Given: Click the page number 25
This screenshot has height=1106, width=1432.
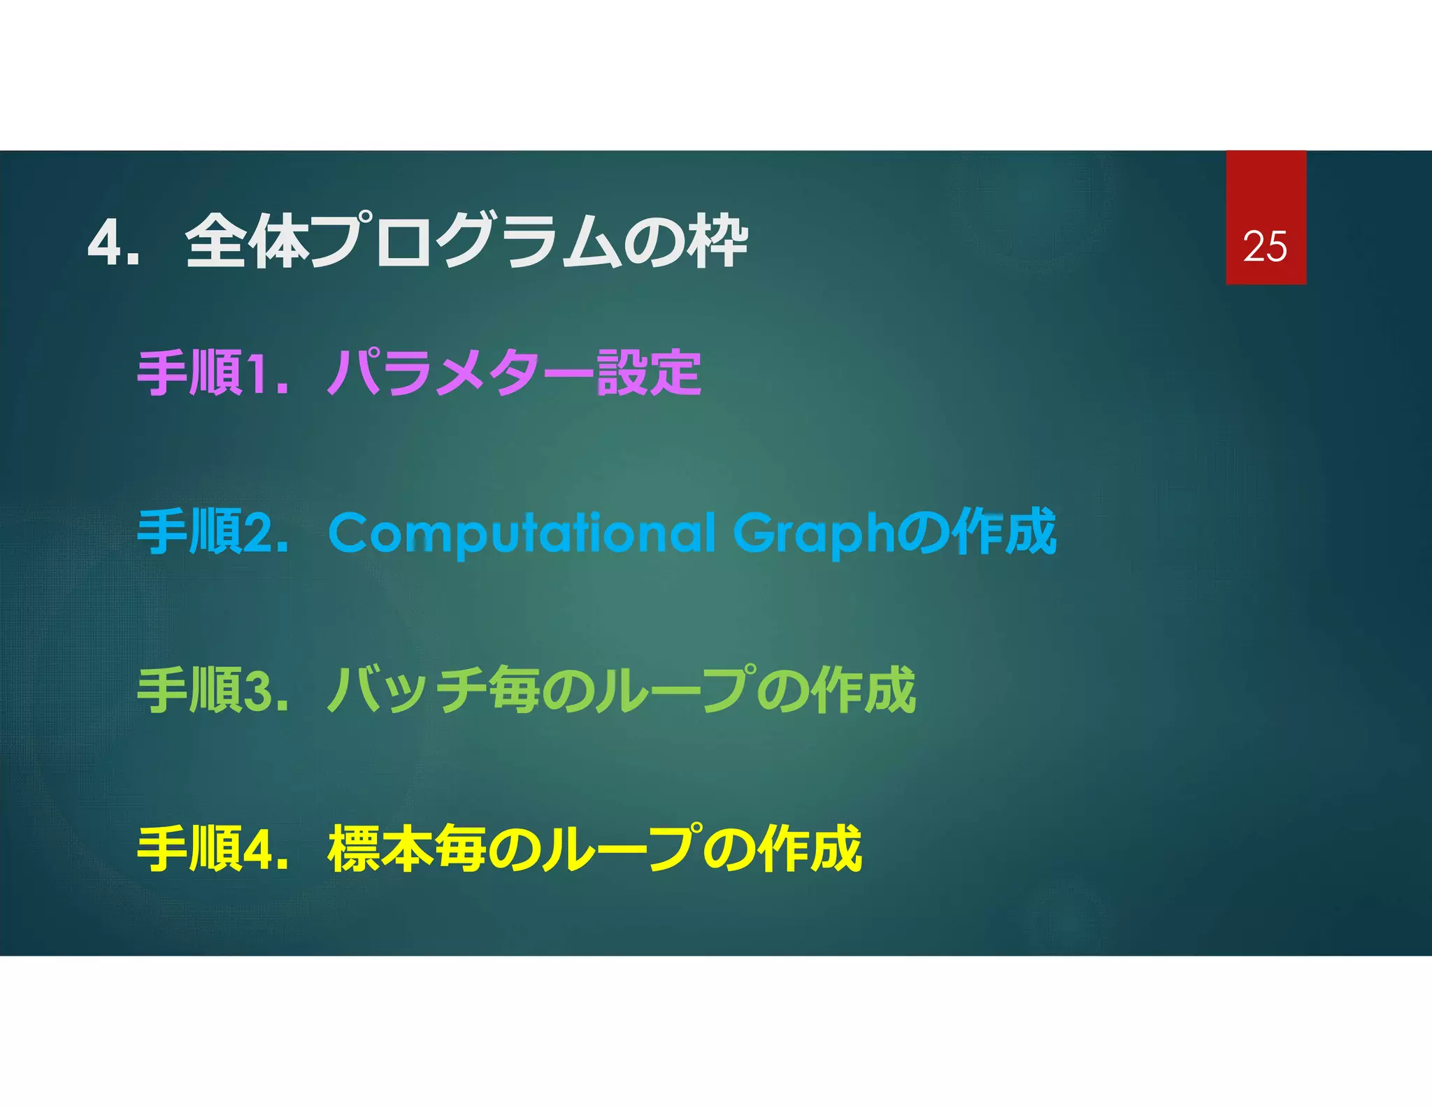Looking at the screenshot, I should [1264, 247].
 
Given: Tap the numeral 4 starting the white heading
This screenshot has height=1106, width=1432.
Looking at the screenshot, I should [105, 243].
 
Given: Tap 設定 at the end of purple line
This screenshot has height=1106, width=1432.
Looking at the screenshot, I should [648, 373].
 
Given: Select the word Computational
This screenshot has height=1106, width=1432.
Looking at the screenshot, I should [522, 533].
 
